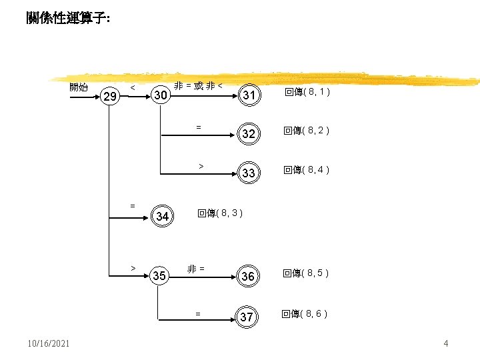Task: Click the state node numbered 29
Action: [x=111, y=98]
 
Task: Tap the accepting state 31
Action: [x=249, y=96]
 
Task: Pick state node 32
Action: [x=248, y=134]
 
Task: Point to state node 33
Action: [x=248, y=173]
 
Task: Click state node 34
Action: [x=162, y=216]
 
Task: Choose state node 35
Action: [x=159, y=276]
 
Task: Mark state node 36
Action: [x=248, y=277]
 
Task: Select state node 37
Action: [x=247, y=317]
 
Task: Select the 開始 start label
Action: [x=79, y=87]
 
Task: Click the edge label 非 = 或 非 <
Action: [x=199, y=85]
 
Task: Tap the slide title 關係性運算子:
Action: [x=69, y=19]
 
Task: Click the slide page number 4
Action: [x=446, y=343]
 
